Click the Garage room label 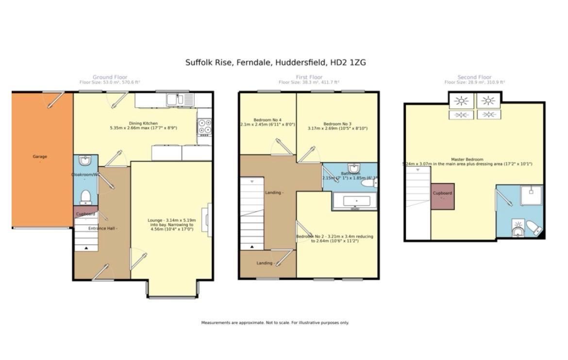40,157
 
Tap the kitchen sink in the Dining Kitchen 173,100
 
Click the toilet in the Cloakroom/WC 86,196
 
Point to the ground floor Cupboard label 86,214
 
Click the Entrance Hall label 102,228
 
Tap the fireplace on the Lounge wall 209,220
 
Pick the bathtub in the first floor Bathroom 357,201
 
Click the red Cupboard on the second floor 442,196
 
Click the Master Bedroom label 467,160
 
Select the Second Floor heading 474,77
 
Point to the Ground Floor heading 110,77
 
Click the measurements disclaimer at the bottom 275,323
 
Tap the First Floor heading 309,77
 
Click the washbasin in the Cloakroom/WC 85,160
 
